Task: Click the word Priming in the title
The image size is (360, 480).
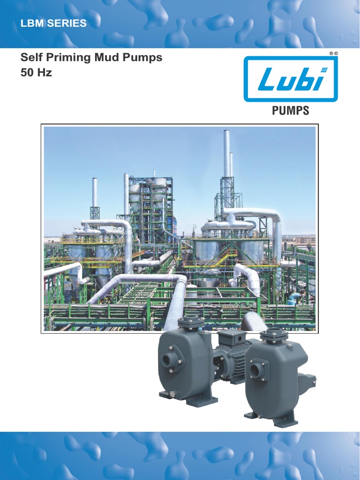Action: [x=65, y=58]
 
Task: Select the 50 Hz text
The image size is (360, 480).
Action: [x=36, y=73]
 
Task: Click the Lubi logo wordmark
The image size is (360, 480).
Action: [x=291, y=79]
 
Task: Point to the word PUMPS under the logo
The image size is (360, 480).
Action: [x=291, y=111]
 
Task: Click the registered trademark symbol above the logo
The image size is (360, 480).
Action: [x=331, y=54]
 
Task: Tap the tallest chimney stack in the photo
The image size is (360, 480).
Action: [x=226, y=155]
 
